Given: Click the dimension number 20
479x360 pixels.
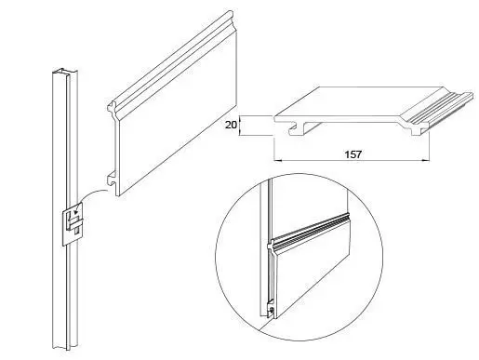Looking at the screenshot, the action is [x=231, y=125].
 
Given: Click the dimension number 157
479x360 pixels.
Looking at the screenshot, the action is [x=353, y=154].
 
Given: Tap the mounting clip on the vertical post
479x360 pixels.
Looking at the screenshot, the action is [x=73, y=224].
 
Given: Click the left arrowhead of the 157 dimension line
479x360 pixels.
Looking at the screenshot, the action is [x=277, y=160].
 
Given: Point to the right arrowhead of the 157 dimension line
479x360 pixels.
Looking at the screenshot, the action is [x=426, y=160].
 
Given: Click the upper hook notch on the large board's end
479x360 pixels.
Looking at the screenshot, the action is [x=112, y=108].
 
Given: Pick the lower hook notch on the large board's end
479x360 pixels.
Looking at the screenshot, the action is [x=111, y=179].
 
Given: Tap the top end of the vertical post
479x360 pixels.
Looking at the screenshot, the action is [x=65, y=73].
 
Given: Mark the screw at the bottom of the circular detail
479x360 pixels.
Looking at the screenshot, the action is [x=272, y=310].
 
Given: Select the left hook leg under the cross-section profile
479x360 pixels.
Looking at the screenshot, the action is [x=297, y=130].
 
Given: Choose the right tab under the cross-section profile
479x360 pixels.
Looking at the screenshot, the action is [x=417, y=131].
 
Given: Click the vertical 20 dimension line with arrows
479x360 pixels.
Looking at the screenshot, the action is [x=240, y=126].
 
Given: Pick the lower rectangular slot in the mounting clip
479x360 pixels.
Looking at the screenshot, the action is [x=77, y=231].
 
